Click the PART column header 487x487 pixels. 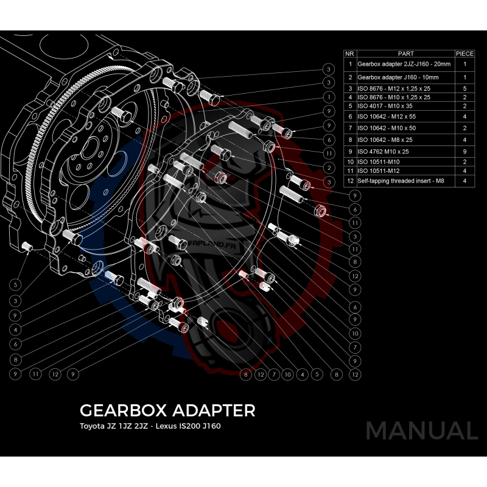point(405,54)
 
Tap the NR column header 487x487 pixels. point(350,54)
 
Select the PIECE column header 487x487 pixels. point(464,54)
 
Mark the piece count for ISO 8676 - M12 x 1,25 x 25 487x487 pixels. point(464,89)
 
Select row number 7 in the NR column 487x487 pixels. point(350,128)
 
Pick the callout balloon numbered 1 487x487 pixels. point(328,96)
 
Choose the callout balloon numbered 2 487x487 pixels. point(328,167)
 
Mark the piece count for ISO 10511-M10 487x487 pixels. point(464,161)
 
